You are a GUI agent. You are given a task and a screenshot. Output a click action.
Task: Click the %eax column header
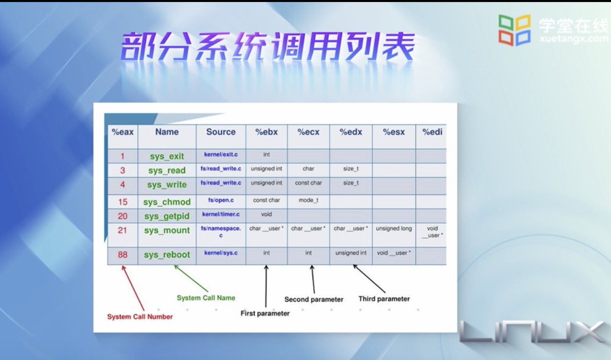pos(122,132)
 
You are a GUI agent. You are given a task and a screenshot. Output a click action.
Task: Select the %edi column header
pos(432,132)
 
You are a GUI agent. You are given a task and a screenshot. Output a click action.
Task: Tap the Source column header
pos(221,132)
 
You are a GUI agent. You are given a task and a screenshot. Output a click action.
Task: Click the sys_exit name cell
pos(167,156)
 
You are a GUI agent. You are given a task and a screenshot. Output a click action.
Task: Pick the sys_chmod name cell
pos(167,202)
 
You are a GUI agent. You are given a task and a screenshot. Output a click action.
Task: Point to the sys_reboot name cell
pos(167,254)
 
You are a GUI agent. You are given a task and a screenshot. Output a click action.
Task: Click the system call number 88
pos(122,254)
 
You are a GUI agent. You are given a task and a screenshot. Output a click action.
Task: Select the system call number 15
pos(122,202)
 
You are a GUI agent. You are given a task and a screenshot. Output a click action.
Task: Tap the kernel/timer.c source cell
pos(221,214)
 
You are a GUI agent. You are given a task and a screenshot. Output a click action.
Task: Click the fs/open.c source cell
pos(221,200)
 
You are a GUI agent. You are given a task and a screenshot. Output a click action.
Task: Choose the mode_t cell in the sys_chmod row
pos(308,200)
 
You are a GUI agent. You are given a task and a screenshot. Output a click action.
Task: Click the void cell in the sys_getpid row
pos(266,214)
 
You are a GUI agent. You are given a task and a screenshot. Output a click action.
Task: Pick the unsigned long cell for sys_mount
pos(394,229)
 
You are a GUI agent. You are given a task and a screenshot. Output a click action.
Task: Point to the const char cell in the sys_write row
pos(308,183)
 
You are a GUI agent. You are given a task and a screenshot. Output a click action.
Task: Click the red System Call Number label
pos(140,317)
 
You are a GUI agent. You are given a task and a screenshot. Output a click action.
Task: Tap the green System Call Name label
pos(206,298)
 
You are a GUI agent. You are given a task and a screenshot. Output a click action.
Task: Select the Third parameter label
pos(384,299)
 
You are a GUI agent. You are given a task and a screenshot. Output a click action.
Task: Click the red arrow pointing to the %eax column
pos(133,288)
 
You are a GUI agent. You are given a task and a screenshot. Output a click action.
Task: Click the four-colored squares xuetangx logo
pos(515,30)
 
